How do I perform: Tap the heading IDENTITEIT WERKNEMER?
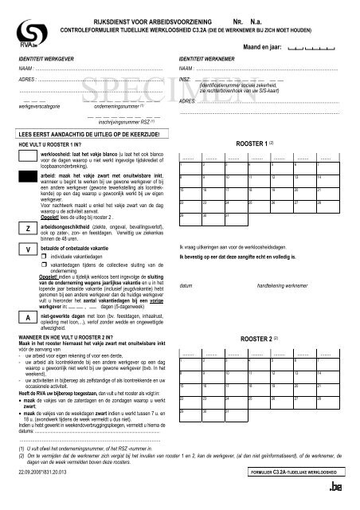pyautogui.click(x=209, y=61)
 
